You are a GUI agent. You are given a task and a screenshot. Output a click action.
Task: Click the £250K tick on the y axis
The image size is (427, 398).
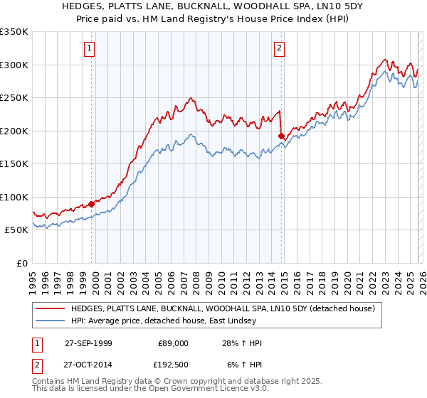[14, 97]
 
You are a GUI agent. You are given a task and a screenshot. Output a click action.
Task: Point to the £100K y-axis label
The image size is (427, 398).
[14, 197]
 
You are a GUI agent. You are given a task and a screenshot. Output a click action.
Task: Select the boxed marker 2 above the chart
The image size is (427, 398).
[278, 48]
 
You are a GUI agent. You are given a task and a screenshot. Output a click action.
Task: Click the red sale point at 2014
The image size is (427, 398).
[282, 136]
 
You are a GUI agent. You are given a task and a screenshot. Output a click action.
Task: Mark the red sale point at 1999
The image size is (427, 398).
[92, 204]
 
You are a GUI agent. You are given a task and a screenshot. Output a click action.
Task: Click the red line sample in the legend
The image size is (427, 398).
[51, 308]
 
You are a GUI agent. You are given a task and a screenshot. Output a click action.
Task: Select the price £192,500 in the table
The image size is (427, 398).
[174, 365]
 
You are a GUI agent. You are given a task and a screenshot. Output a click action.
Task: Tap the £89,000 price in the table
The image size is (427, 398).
[174, 343]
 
